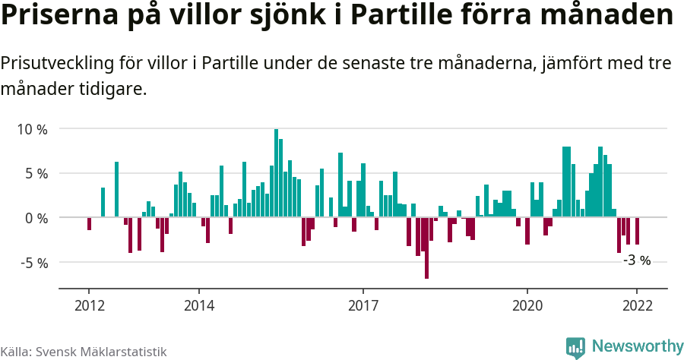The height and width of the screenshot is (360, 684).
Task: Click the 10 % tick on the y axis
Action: tap(32, 129)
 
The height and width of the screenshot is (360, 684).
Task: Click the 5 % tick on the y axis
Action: tap(35, 173)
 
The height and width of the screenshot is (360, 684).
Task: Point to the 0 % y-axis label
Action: tap(35, 218)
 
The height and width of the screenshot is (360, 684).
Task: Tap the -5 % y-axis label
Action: tap(33, 263)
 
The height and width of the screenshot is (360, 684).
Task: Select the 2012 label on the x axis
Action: tap(89, 305)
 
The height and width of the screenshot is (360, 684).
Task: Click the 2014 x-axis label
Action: tap(198, 305)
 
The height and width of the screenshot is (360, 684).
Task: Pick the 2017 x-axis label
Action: tap(363, 305)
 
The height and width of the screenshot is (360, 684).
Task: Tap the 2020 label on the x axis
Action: tap(527, 305)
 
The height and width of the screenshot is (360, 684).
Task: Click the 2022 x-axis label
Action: tap(637, 305)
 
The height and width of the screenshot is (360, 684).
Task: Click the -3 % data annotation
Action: tap(637, 261)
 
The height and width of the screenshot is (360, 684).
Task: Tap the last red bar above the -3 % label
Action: tap(637, 231)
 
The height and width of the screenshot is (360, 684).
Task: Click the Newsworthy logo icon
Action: tap(575, 346)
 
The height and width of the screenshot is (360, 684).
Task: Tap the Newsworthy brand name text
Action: tap(637, 346)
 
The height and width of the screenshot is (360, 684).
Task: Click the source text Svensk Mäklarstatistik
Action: tap(101, 352)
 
